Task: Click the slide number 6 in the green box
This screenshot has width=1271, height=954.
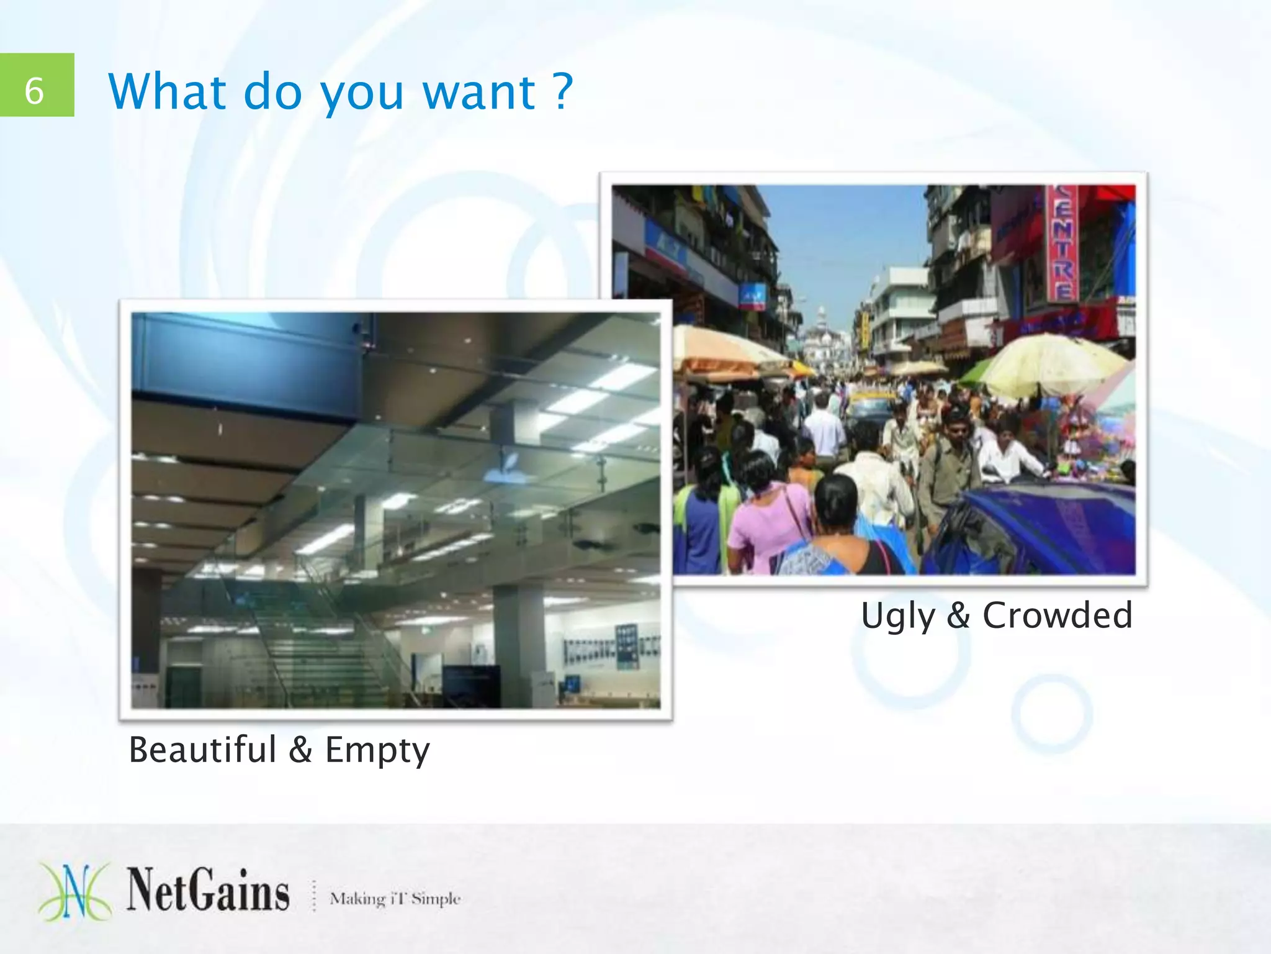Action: pyautogui.click(x=35, y=91)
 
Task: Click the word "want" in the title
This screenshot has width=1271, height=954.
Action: pyautogui.click(x=478, y=92)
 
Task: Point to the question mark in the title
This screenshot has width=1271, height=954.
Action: pyautogui.click(x=562, y=91)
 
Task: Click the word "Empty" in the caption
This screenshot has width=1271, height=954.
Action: pyautogui.click(x=377, y=750)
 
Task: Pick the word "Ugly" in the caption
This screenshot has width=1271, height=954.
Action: pyautogui.click(x=897, y=616)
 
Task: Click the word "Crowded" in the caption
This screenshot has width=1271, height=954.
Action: pyautogui.click(x=1058, y=615)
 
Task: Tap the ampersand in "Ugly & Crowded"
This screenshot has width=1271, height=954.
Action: pyautogui.click(x=958, y=615)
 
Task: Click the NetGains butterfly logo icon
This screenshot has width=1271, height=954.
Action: pyautogui.click(x=75, y=891)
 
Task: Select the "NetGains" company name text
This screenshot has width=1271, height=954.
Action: pyautogui.click(x=209, y=891)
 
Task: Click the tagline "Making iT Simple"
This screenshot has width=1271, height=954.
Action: pyautogui.click(x=395, y=898)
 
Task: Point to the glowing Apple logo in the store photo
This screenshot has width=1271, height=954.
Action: pyautogui.click(x=510, y=469)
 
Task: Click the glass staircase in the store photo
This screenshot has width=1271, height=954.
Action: pyautogui.click(x=310, y=640)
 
